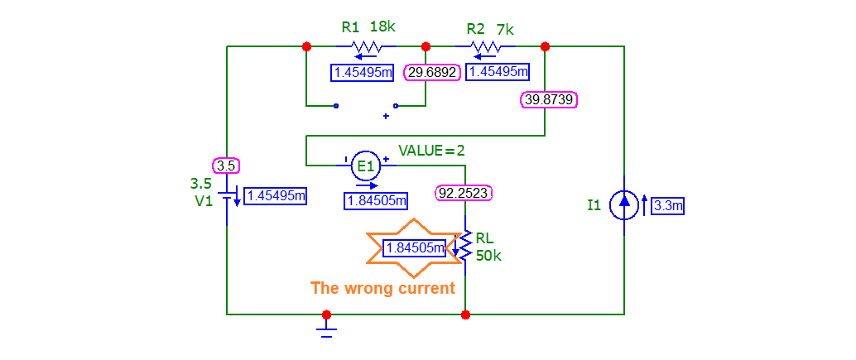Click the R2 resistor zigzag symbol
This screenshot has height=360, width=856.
click(484, 46)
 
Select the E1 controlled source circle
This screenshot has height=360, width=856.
click(365, 166)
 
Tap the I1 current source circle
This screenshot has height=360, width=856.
click(624, 205)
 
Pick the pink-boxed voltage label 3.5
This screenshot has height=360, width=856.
click(226, 166)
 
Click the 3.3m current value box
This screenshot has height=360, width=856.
click(668, 206)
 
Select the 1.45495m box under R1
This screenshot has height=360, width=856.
click(362, 73)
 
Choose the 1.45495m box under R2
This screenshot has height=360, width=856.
click(498, 73)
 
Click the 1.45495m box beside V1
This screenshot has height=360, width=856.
click(276, 196)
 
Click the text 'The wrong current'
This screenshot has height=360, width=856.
click(382, 288)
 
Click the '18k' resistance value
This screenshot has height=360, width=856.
click(382, 26)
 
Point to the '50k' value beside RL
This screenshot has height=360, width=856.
click(488, 256)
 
